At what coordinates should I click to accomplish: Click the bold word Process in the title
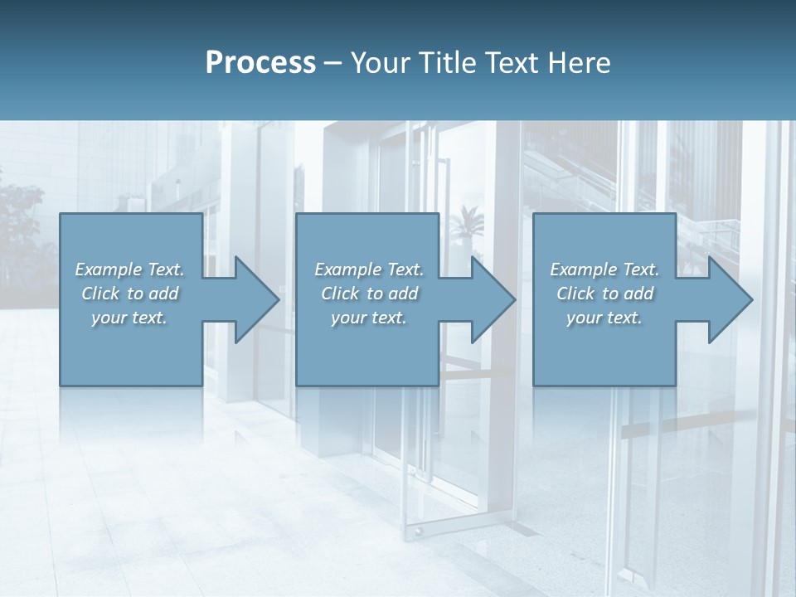point(260,63)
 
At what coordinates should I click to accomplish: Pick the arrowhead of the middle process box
point(492,299)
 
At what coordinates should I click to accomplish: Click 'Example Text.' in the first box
point(129,269)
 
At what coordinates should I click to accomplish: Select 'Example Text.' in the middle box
point(369,269)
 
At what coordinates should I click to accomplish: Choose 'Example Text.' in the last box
point(604,269)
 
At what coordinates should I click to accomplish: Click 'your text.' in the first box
point(129,318)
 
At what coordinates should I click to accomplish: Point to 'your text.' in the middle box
point(369,318)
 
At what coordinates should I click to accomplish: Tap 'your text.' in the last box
point(604,318)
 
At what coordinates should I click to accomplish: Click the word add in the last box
point(638,294)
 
